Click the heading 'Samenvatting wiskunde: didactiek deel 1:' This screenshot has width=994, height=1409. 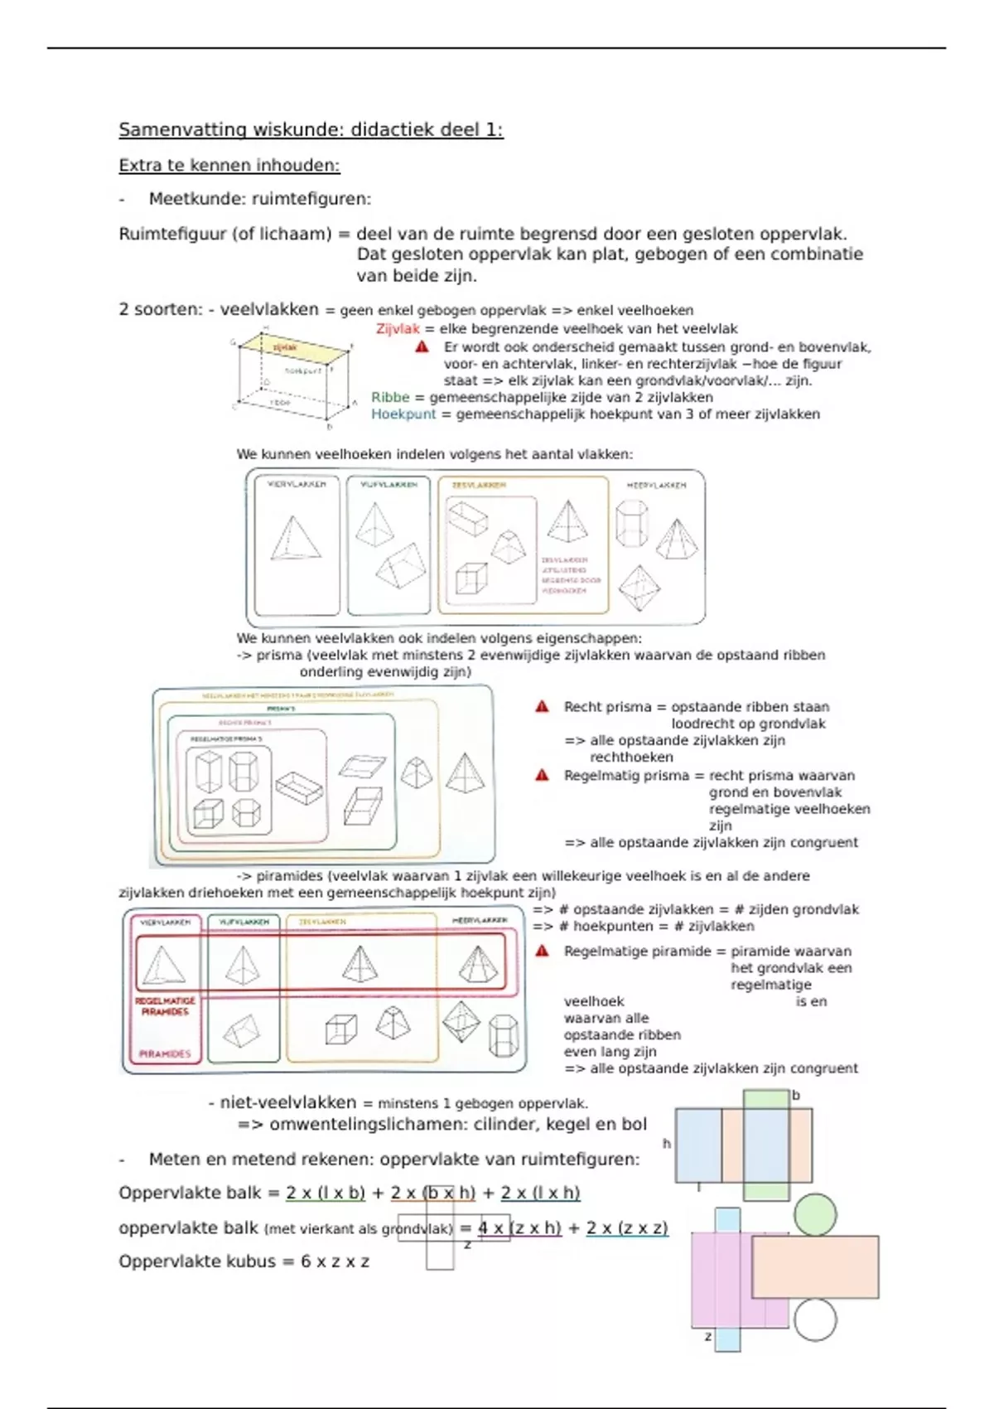coord(311,130)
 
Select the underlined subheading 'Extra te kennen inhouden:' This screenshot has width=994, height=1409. coord(229,166)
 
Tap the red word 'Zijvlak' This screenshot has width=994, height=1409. coord(398,329)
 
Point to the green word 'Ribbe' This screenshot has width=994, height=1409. coord(390,397)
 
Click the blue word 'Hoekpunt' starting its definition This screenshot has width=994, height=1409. coord(403,414)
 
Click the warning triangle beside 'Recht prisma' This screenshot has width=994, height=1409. coord(543,707)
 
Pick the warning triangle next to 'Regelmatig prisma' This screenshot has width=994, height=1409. coord(543,776)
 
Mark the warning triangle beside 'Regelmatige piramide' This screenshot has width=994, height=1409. coord(543,951)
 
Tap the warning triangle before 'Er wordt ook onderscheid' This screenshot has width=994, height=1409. coord(422,347)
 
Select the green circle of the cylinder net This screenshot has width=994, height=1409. coord(815,1214)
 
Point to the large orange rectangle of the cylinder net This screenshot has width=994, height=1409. coord(815,1266)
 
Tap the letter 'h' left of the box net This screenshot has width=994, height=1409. coord(667,1144)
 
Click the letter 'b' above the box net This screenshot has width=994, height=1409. coord(796,1096)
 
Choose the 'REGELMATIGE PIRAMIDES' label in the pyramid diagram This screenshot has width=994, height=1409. coord(165,1006)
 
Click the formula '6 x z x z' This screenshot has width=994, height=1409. coord(335,1262)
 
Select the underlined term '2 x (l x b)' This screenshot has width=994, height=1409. coord(326,1194)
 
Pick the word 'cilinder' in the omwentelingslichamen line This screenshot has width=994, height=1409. coord(504,1125)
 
